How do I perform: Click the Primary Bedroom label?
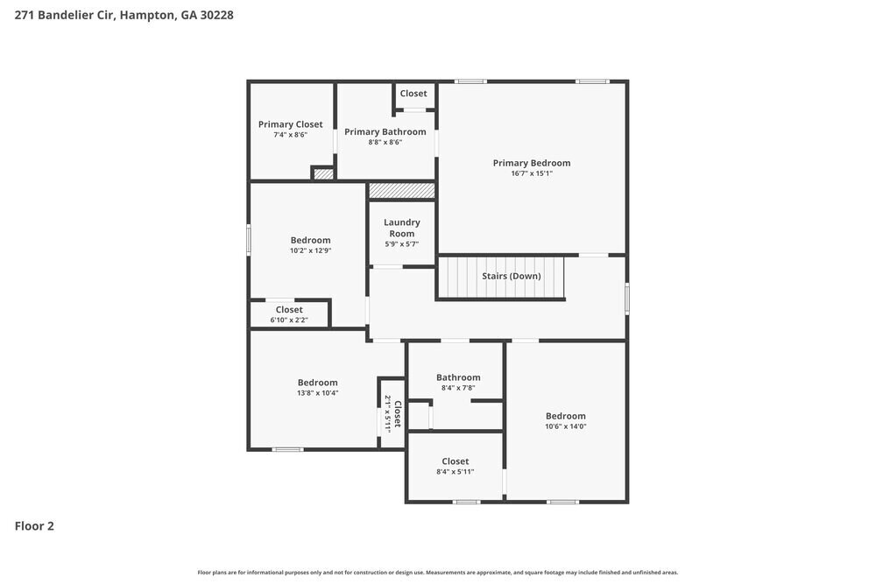[x=531, y=163]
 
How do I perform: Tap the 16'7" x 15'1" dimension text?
[x=531, y=173]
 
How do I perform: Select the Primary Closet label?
[x=290, y=124]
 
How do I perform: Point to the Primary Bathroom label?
[x=385, y=132]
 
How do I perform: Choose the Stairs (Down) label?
[x=511, y=276]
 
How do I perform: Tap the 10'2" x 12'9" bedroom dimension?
[x=310, y=250]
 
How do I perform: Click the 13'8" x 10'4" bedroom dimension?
[x=317, y=393]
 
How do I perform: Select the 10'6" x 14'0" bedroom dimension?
[x=565, y=426]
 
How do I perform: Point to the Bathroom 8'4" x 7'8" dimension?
[x=458, y=388]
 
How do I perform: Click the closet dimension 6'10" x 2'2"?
[x=289, y=320]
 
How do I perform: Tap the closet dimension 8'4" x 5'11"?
[x=455, y=472]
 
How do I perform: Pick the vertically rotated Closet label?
[x=397, y=414]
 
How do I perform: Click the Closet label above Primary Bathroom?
[x=413, y=94]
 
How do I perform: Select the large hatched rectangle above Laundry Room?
[x=401, y=190]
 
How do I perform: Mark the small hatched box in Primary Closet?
[x=323, y=174]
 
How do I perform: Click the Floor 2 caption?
[x=34, y=526]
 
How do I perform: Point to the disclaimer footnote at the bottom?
[x=437, y=572]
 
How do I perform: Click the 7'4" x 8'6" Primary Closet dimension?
[x=290, y=135]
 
